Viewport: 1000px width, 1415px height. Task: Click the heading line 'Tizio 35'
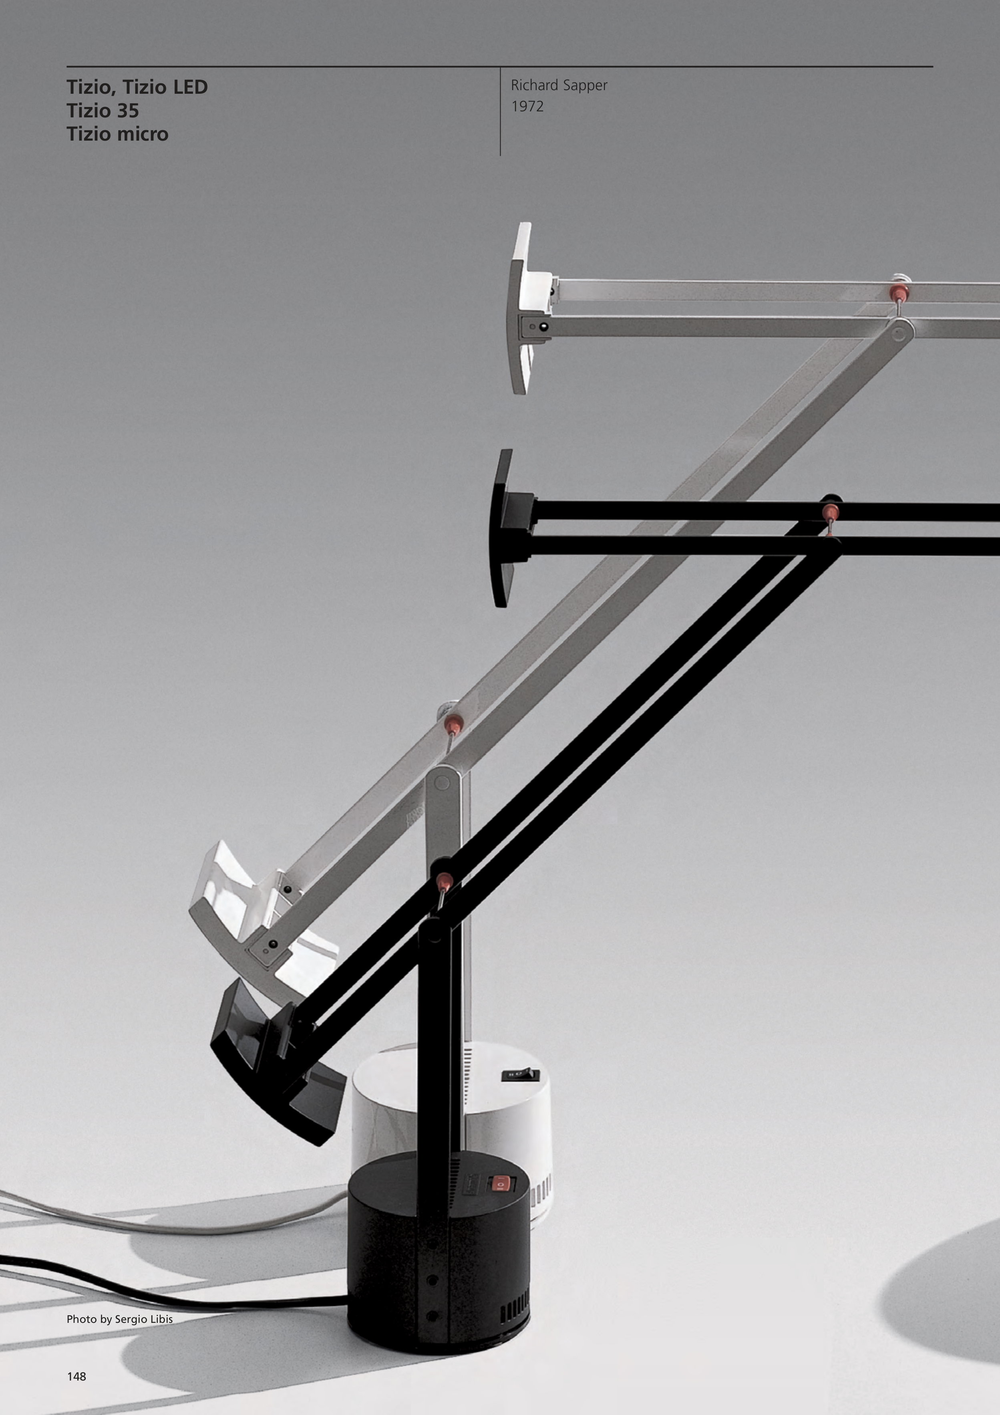pos(103,111)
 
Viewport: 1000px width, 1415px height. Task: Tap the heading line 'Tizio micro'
pos(117,134)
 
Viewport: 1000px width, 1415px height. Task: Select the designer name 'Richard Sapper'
pos(559,86)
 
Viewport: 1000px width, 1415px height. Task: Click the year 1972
pos(527,107)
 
